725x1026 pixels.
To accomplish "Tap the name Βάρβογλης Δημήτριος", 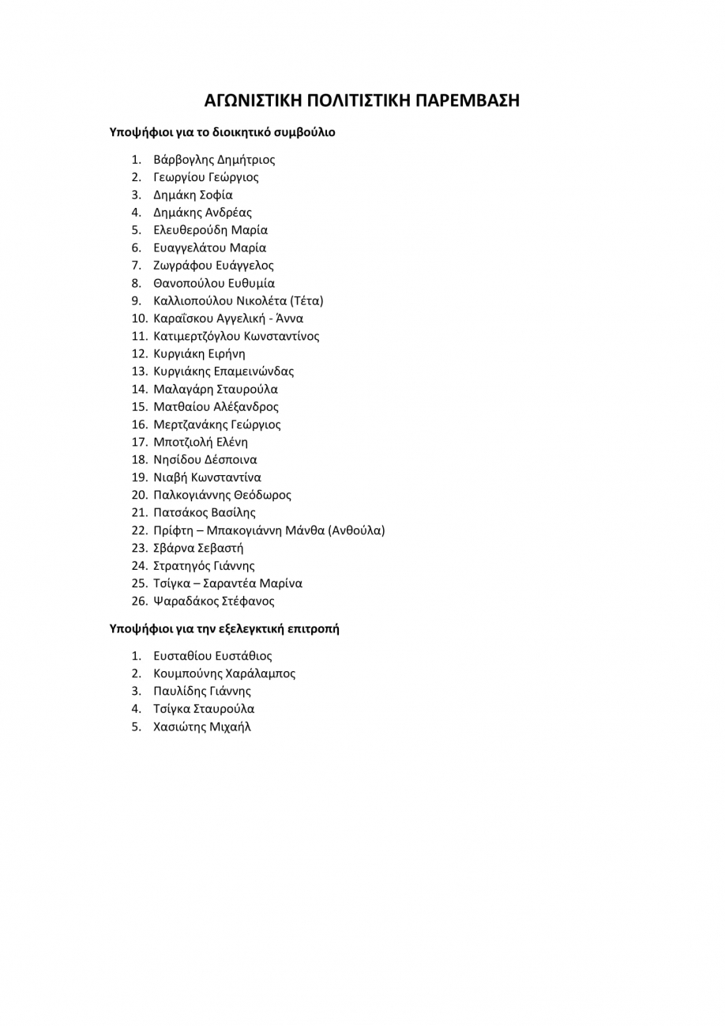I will pyautogui.click(x=214, y=160).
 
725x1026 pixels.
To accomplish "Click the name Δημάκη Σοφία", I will pyautogui.click(x=193, y=195).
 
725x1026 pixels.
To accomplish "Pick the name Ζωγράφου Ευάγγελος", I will pyautogui.click(x=213, y=266).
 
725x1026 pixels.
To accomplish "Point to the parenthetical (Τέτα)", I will pyautogui.click(x=306, y=301).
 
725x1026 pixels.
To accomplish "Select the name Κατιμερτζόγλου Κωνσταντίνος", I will pyautogui.click(x=236, y=336).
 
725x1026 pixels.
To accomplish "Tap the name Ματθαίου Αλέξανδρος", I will pyautogui.click(x=216, y=407).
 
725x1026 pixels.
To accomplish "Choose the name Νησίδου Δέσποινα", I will pyautogui.click(x=205, y=460).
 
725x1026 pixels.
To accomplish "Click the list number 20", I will pyautogui.click(x=139, y=496).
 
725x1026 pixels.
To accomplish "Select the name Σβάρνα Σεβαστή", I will pyautogui.click(x=198, y=548).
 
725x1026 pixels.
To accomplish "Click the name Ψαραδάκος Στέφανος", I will pyautogui.click(x=214, y=601).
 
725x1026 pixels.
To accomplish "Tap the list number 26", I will pyautogui.click(x=139, y=601).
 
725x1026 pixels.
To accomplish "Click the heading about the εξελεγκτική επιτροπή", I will pyautogui.click(x=224, y=629).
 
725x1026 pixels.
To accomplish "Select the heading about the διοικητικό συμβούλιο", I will pyautogui.click(x=222, y=133).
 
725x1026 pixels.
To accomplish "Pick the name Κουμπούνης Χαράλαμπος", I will pyautogui.click(x=224, y=674).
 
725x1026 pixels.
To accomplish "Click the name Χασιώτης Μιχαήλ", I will pyautogui.click(x=201, y=727).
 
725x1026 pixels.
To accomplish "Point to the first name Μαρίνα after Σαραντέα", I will pyautogui.click(x=282, y=583).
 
